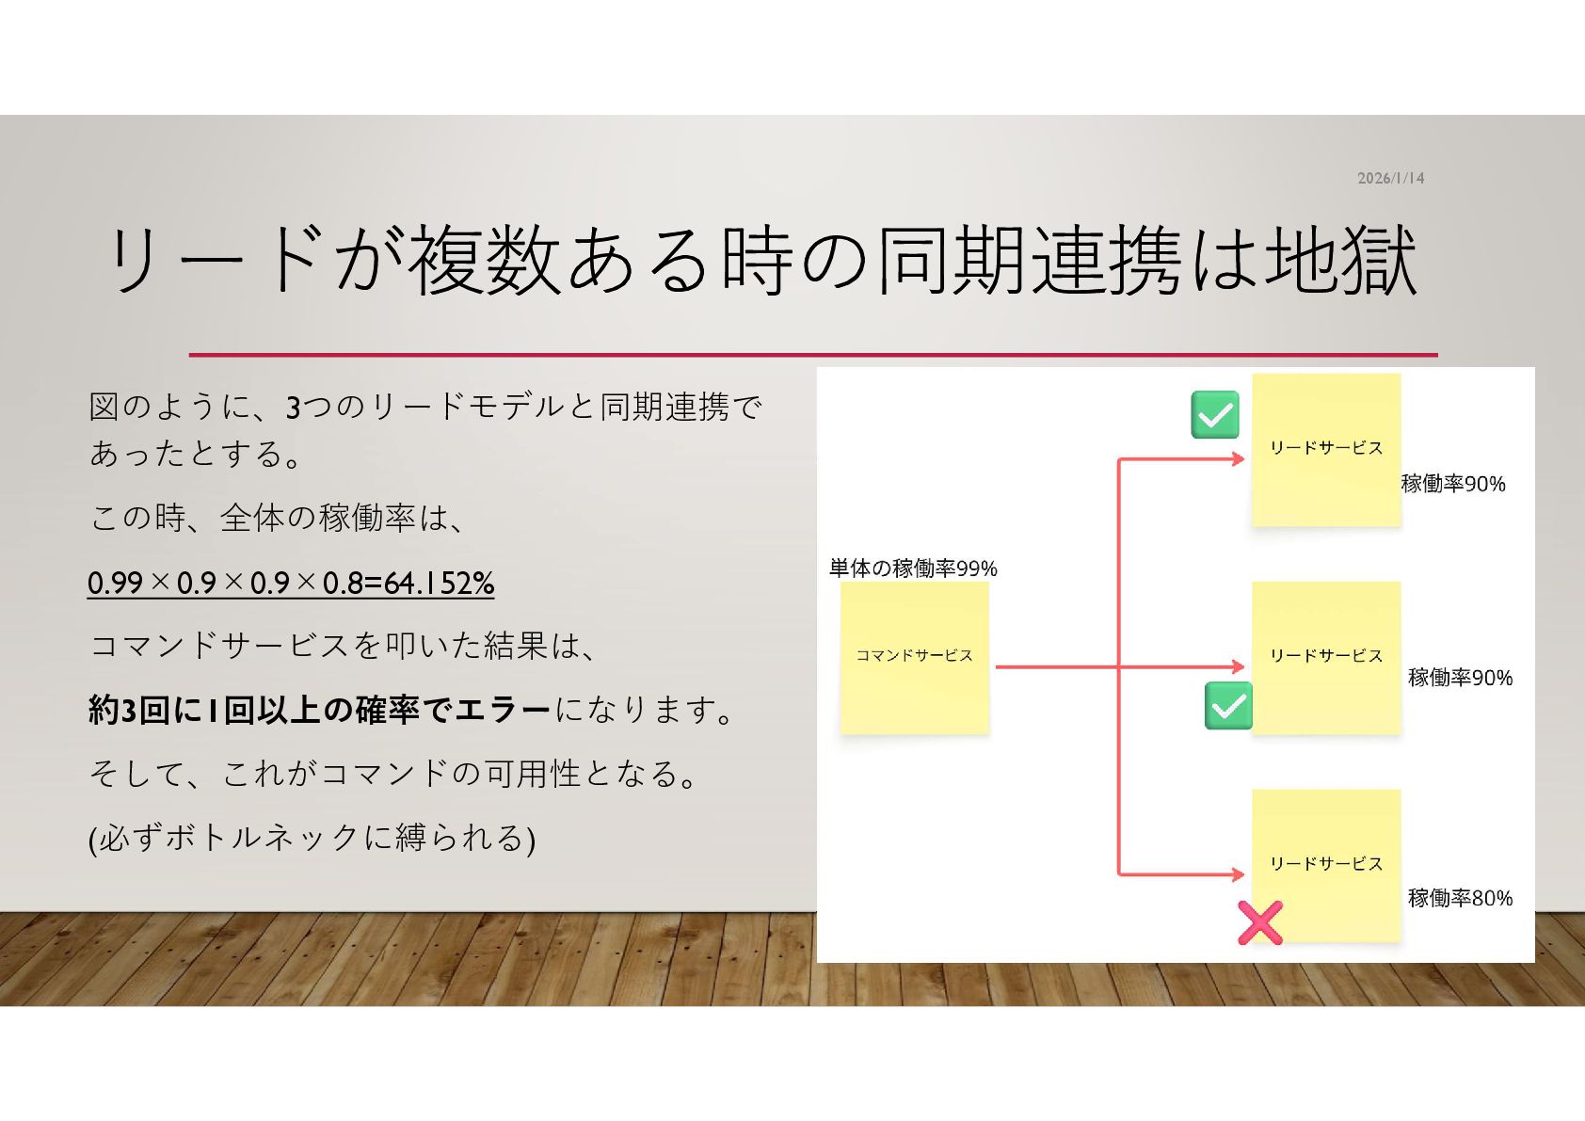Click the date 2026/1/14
click(x=1390, y=178)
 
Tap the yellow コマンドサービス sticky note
click(x=914, y=656)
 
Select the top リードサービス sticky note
click(x=1325, y=449)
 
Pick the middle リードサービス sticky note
click(x=1325, y=656)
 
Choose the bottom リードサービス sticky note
click(x=1325, y=864)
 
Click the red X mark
click(x=1259, y=922)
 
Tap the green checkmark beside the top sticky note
click(x=1214, y=415)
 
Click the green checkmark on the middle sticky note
click(x=1228, y=705)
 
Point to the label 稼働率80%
click(x=1460, y=898)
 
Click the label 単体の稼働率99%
click(x=912, y=568)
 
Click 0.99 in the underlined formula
click(x=115, y=584)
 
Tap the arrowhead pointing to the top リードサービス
click(x=1238, y=459)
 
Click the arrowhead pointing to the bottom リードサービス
click(x=1238, y=874)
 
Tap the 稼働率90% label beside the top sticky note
click(x=1453, y=484)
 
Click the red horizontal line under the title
click(x=812, y=355)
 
